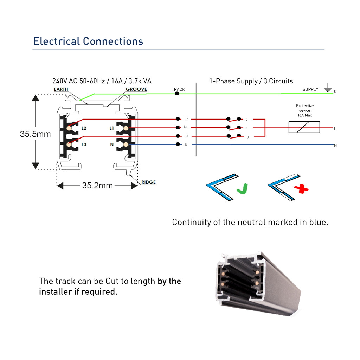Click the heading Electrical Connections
coord(88,41)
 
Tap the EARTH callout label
coord(61,89)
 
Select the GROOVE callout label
coord(136,89)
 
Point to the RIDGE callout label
coord(148,182)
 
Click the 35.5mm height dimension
coord(35,134)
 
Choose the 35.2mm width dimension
coord(97,186)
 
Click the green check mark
coord(243,188)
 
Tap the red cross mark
coord(301,189)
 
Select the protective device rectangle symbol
coord(304,127)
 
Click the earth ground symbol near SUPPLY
coord(328,88)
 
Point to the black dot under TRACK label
coord(177,94)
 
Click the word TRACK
coord(178,89)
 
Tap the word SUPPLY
coord(310,89)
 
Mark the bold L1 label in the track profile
coord(111,128)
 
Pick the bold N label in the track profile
coord(112,144)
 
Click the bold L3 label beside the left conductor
coord(84,144)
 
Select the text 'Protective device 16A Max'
coord(305,110)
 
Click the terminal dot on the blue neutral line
coord(178,144)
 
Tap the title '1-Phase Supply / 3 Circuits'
coord(251,81)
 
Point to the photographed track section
coord(258,284)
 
